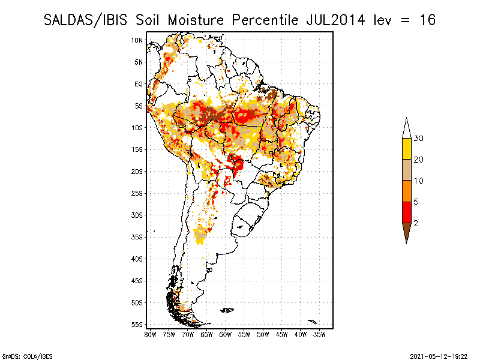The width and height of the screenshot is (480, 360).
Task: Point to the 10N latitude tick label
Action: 137,40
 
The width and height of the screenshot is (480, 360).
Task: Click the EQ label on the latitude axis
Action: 139,84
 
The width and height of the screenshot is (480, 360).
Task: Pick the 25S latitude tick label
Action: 137,193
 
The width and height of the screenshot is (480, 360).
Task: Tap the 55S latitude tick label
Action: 137,324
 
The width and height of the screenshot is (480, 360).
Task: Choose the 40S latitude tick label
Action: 137,259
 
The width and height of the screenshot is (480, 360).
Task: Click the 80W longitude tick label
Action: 151,334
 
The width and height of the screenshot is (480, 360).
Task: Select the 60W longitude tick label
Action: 226,334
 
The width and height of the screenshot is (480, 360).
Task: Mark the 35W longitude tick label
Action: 319,334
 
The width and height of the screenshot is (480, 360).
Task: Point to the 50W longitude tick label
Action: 263,334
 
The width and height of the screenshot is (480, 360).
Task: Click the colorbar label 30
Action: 419,139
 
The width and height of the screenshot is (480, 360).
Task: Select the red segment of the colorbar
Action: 406,212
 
